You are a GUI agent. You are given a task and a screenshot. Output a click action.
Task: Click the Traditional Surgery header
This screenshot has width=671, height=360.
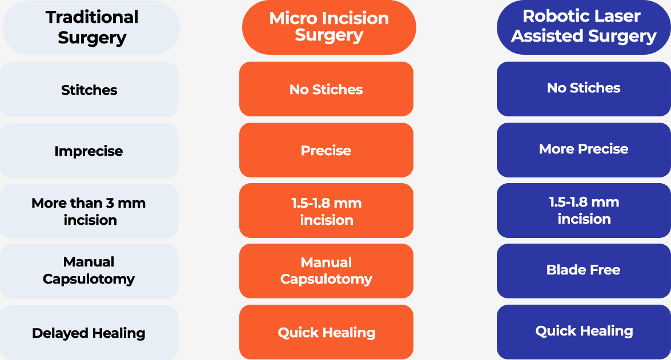91,28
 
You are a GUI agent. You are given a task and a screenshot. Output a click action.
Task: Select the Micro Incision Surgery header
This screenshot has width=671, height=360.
329,27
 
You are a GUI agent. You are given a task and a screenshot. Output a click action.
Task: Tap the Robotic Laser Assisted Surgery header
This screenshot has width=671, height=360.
584,27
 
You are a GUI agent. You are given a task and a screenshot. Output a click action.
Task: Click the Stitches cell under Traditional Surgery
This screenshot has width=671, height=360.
89,90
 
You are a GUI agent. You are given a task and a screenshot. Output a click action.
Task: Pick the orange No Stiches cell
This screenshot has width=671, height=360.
326,89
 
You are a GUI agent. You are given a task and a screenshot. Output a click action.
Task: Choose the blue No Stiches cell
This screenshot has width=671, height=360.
584,89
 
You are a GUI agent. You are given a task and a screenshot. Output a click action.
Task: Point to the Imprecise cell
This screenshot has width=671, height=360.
89,151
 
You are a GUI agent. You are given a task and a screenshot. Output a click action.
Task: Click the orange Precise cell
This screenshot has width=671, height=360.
326,150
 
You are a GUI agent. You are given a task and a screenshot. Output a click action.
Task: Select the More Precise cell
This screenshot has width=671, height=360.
584,150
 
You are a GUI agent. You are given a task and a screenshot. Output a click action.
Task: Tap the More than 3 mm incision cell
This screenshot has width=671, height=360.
89,211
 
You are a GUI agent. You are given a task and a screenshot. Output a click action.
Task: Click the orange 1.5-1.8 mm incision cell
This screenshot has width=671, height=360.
326,211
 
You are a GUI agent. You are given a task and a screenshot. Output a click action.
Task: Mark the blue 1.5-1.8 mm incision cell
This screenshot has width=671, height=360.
584,211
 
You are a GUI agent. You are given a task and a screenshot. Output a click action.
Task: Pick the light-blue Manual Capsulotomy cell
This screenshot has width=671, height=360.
89,272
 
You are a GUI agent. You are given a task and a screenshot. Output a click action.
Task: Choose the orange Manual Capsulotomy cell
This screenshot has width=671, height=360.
326,271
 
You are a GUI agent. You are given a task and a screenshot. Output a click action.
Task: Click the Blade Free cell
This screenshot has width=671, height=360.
584,271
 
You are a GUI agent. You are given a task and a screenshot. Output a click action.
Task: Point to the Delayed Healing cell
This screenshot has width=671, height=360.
89,333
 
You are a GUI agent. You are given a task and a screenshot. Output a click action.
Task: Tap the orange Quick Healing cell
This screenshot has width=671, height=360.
326,332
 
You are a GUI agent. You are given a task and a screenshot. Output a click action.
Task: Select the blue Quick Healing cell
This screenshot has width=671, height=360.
584,332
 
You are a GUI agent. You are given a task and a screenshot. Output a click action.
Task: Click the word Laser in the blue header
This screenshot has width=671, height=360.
617,16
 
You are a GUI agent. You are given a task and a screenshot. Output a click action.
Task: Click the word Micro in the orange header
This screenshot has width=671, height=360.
293,18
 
